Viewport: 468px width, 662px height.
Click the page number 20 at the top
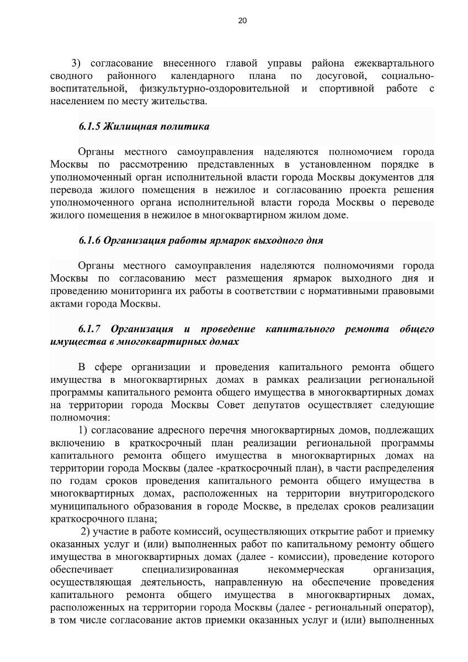click(242, 21)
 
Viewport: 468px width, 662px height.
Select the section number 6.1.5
click(89, 126)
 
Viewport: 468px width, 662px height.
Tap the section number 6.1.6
click(89, 241)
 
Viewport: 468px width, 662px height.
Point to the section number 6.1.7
click(89, 329)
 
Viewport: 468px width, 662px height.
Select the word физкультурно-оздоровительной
click(215, 88)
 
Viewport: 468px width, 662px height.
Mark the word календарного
click(203, 76)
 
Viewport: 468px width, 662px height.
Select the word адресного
click(160, 430)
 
